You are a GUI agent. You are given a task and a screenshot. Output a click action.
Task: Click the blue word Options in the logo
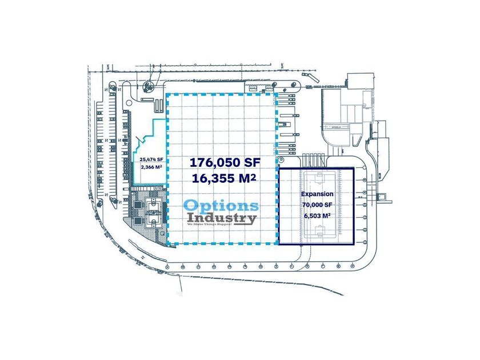tap(221, 206)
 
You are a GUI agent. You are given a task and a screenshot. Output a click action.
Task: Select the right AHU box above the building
tap(268, 89)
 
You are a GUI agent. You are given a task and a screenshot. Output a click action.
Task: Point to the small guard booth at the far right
tap(389, 200)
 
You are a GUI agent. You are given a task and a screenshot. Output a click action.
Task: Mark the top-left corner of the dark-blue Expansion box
tap(278, 169)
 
